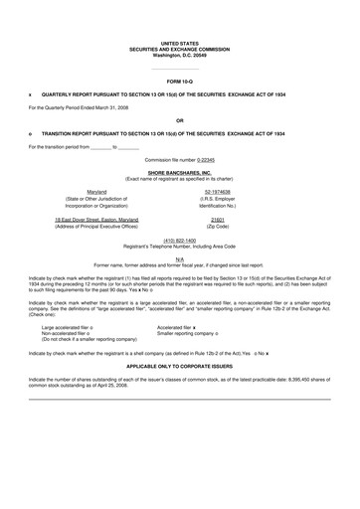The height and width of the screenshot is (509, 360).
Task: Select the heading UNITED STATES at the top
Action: [179, 43]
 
